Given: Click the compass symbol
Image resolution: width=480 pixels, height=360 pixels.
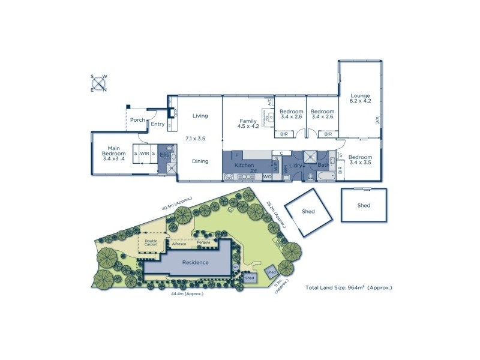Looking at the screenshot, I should [x=98, y=83].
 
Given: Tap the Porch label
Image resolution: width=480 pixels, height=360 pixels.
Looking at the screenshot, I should [x=138, y=120].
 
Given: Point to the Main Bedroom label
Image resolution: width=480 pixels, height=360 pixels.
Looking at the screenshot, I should [x=113, y=153].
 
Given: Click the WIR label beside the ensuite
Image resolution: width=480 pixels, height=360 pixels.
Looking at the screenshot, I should [x=145, y=153].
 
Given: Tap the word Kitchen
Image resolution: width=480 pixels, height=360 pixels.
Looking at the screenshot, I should [x=244, y=165].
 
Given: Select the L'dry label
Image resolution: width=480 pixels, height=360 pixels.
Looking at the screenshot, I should [x=295, y=165].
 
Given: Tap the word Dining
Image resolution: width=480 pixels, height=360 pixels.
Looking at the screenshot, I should [x=200, y=161].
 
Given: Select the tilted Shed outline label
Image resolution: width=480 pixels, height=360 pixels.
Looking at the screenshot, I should [x=308, y=211].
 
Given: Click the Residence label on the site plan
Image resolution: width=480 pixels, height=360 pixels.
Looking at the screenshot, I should [x=195, y=262].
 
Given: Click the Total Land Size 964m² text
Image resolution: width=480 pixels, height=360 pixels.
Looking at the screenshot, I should [x=349, y=288].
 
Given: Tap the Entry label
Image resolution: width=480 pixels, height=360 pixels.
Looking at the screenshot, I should [x=158, y=124].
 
